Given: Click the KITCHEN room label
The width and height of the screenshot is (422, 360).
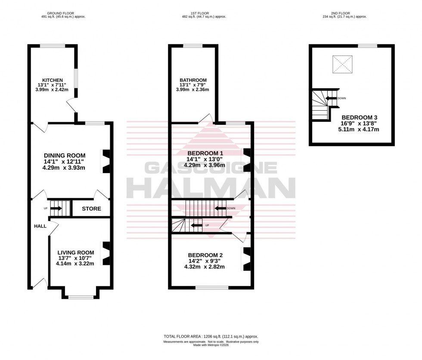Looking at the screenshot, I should click(50, 80).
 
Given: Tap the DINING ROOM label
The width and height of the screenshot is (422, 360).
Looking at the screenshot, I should click(65, 155).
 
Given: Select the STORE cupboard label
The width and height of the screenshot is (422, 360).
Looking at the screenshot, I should click(91, 209).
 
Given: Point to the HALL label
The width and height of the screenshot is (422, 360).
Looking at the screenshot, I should click(40, 226).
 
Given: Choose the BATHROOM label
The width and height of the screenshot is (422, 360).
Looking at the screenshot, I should click(193, 80).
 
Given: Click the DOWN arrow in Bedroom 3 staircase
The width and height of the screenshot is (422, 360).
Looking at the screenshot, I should click(330, 98).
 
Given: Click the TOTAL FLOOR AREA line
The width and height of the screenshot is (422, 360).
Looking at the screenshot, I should click(211, 336).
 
